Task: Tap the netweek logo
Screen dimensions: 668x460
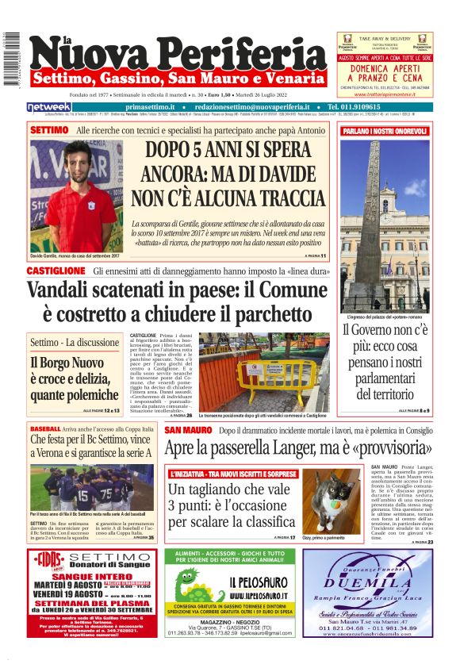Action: (x=48, y=107)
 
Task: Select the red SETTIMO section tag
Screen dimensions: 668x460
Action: (x=49, y=129)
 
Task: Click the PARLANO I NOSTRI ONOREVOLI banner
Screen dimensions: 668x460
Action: (x=385, y=130)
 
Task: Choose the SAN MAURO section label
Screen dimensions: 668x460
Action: (x=188, y=430)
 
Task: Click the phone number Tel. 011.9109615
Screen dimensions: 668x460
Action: (x=364, y=107)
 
